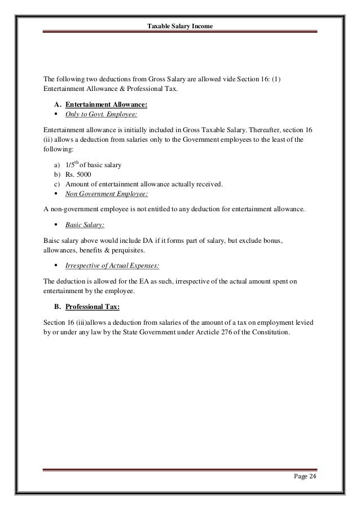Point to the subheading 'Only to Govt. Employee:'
(x=101, y=115)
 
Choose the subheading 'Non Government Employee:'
(x=106, y=194)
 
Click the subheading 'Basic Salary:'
(x=84, y=225)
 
